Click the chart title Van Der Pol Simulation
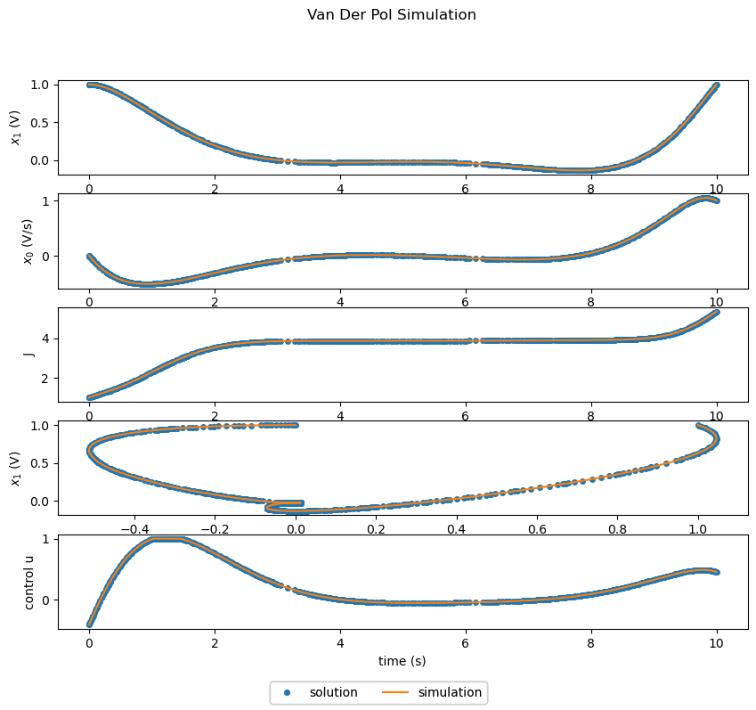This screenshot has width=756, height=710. click(391, 15)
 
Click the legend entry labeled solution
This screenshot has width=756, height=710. click(333, 692)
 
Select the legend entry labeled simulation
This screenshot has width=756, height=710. click(450, 692)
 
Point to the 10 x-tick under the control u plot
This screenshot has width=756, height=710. click(717, 642)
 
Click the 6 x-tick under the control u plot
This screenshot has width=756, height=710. click(466, 642)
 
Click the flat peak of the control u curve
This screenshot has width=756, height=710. click(166, 539)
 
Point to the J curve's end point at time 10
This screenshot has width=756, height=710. click(717, 312)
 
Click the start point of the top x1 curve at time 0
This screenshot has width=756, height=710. click(89, 85)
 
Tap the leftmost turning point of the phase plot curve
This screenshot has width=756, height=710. click(89, 449)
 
